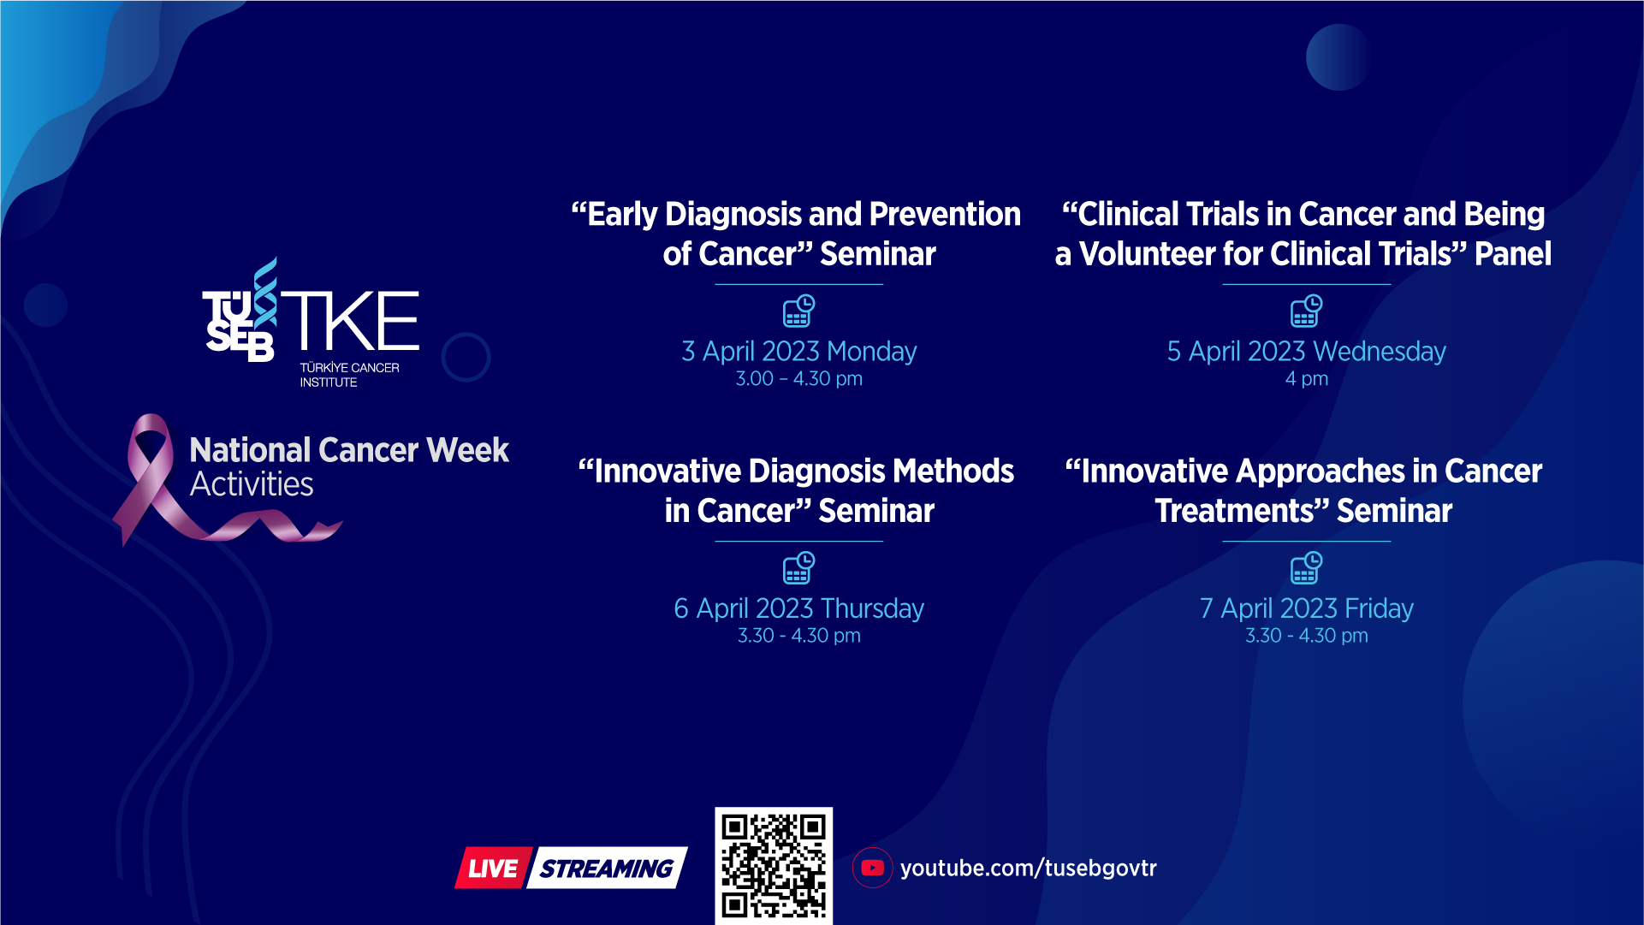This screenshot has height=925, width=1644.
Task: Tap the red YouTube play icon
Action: (872, 868)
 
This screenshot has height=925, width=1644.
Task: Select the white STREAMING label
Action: (607, 869)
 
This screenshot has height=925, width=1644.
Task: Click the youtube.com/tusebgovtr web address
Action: (1028, 868)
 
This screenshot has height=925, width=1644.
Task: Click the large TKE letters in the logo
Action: (350, 320)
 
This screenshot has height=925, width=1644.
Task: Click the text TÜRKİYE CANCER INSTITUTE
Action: (349, 375)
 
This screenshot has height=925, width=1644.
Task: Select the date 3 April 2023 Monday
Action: (798, 351)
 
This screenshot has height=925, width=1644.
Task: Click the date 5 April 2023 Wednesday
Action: (1306, 351)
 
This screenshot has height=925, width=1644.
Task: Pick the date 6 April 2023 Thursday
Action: (798, 608)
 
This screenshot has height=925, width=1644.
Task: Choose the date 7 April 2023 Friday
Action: (1306, 608)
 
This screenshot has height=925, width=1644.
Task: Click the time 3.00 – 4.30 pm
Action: (798, 378)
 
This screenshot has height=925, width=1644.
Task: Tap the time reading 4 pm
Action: (1306, 378)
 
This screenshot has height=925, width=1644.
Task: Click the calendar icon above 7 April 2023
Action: (1306, 568)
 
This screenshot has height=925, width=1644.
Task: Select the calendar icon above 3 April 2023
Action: (798, 311)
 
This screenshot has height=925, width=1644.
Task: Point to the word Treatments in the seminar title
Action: (1241, 511)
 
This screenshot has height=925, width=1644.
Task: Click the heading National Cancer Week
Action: (349, 450)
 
